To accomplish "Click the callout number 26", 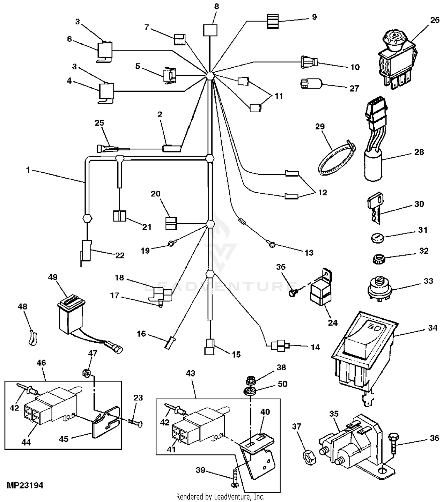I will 435,20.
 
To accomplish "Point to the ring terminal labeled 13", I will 272,244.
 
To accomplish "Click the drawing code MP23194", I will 25,485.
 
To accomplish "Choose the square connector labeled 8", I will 210,30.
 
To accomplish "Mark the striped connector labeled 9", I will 273,21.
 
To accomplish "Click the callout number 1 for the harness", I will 28,170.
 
